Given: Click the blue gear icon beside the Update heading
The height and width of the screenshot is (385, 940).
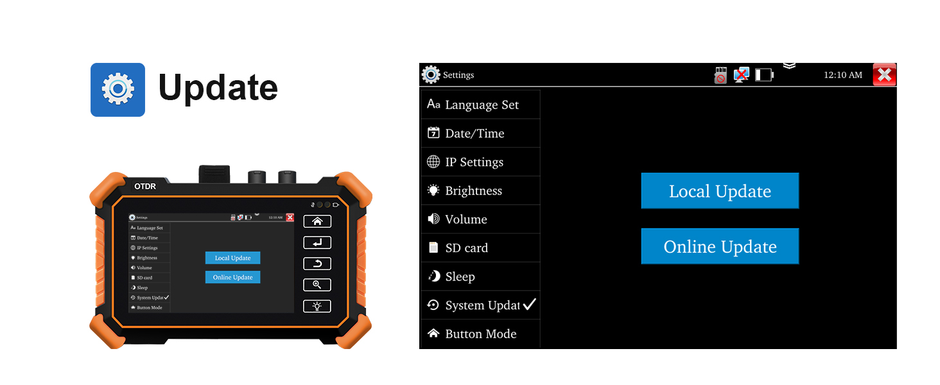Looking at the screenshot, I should tap(118, 89).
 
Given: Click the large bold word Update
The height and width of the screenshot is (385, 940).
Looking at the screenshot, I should tap(218, 88).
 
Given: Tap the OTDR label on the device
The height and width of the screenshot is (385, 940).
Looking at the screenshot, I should tap(146, 186).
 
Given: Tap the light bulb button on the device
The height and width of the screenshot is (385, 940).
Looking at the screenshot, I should tap(317, 306).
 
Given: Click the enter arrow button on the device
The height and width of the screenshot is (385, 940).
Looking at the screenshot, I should tap(317, 243).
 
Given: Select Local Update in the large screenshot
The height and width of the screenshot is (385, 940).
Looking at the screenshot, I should tap(720, 191).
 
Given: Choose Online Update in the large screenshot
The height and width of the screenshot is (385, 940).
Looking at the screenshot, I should tap(720, 246).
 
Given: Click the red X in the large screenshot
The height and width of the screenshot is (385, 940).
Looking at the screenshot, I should tap(884, 75).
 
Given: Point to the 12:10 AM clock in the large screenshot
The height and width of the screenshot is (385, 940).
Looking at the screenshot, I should tap(842, 75).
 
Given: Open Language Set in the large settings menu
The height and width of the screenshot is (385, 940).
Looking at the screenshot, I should tap(481, 105).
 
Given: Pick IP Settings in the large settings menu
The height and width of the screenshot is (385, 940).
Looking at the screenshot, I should tap(474, 162).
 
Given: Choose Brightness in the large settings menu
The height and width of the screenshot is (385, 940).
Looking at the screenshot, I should tap(473, 191).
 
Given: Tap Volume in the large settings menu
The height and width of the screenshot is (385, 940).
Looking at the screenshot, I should tap(466, 219).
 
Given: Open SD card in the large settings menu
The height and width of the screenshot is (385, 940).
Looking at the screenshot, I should tap(466, 248).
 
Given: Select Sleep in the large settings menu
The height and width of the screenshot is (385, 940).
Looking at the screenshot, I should tap(460, 277).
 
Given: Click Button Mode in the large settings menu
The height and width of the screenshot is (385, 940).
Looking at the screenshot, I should tap(480, 334).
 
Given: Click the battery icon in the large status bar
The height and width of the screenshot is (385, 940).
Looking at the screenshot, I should tap(764, 75).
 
